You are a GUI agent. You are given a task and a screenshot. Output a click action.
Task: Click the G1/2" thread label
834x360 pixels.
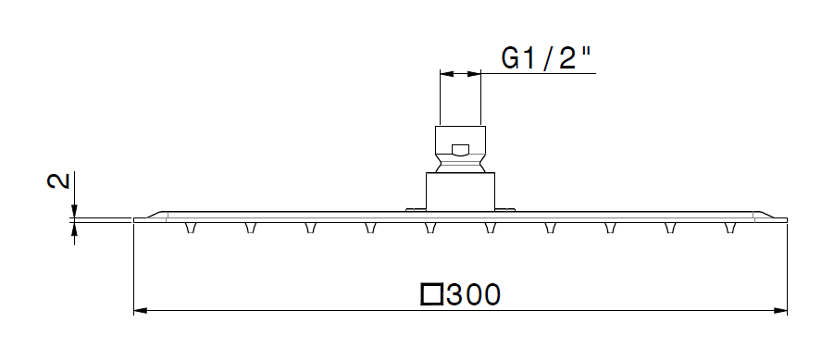547,58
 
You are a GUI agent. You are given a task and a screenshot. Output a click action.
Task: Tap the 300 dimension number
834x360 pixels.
473,294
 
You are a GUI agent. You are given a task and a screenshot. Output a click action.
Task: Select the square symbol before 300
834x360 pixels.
432,294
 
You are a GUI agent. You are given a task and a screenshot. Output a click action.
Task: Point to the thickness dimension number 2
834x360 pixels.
59,180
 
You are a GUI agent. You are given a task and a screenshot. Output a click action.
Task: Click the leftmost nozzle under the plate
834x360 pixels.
190,228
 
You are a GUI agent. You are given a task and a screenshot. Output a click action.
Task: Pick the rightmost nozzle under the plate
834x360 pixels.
731,228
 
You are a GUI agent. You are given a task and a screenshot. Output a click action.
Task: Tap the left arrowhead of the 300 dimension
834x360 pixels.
141,311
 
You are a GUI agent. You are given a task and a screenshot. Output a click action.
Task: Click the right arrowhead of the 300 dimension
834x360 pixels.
780,311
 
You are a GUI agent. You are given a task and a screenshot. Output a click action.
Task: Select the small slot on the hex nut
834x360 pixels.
460,151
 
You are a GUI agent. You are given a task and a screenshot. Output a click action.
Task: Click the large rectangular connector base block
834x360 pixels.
460,192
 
